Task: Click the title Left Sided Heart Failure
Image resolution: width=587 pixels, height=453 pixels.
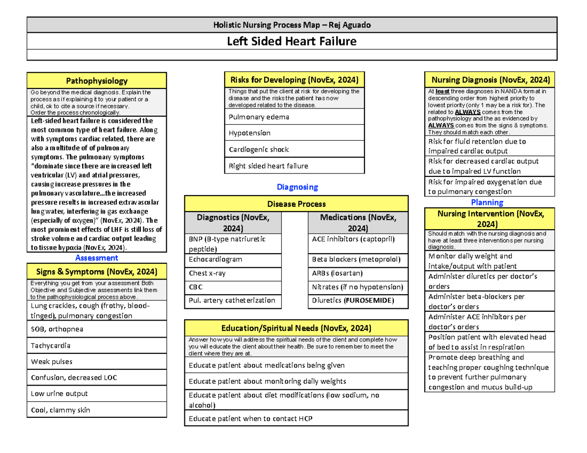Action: click(292, 42)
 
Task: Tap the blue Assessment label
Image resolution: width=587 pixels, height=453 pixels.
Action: click(97, 258)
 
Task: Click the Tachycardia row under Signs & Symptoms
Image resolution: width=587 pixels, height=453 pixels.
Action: click(97, 345)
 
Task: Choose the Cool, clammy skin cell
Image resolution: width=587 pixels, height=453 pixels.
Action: click(97, 410)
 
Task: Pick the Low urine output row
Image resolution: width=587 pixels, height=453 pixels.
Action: click(97, 393)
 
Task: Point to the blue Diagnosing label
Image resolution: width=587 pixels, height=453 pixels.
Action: click(297, 187)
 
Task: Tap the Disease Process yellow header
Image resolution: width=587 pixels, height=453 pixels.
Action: click(296, 204)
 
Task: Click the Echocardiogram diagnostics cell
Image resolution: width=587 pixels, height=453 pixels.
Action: click(233, 259)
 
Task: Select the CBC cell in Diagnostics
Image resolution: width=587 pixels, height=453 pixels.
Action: click(233, 287)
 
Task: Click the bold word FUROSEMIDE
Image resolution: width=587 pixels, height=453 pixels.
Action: click(370, 301)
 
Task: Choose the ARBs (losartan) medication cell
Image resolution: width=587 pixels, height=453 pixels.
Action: click(358, 274)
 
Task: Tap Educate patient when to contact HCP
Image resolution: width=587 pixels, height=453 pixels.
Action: click(295, 418)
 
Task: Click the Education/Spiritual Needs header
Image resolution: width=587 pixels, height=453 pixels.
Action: click(295, 327)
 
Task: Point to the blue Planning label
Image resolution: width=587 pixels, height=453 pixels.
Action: click(487, 202)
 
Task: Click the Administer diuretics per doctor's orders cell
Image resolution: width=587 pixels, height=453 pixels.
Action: click(490, 281)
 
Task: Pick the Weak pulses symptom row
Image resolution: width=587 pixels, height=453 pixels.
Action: click(97, 362)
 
